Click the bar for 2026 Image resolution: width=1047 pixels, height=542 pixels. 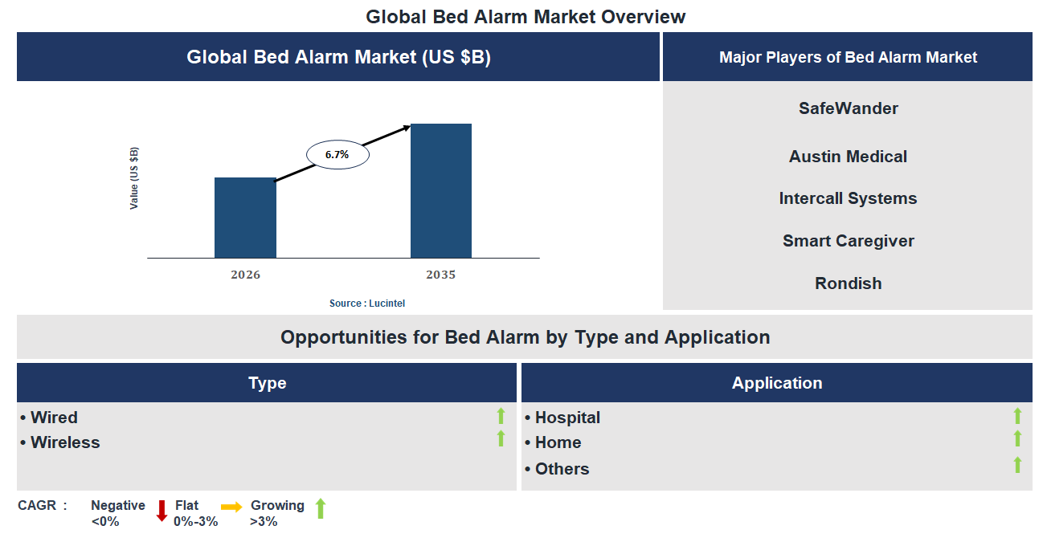(x=245, y=218)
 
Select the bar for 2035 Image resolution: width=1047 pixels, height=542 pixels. (x=440, y=191)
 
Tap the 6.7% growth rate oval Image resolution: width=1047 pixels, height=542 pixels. (x=337, y=154)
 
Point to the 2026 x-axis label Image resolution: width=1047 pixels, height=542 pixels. (x=245, y=275)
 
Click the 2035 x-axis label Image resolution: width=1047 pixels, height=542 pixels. (x=440, y=275)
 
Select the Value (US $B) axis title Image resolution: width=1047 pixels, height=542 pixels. (x=134, y=178)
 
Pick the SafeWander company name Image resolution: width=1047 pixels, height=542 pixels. (x=848, y=108)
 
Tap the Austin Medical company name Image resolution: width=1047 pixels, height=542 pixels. (x=848, y=157)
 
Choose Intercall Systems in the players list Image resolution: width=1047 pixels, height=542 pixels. (x=848, y=198)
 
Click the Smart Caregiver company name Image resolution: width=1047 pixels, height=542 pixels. (x=848, y=241)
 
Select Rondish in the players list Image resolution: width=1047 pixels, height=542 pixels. (x=848, y=283)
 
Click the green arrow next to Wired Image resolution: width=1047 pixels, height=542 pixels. (x=501, y=416)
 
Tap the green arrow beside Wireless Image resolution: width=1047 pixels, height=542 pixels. (x=501, y=438)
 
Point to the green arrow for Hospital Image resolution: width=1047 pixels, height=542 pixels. (x=1017, y=416)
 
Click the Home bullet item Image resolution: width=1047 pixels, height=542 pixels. (x=557, y=442)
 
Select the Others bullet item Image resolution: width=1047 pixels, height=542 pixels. (x=561, y=469)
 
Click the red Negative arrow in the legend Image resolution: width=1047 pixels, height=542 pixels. (x=162, y=511)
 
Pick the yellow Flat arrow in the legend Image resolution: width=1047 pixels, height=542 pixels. (x=231, y=507)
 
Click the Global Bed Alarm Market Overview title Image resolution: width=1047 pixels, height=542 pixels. (x=526, y=16)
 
